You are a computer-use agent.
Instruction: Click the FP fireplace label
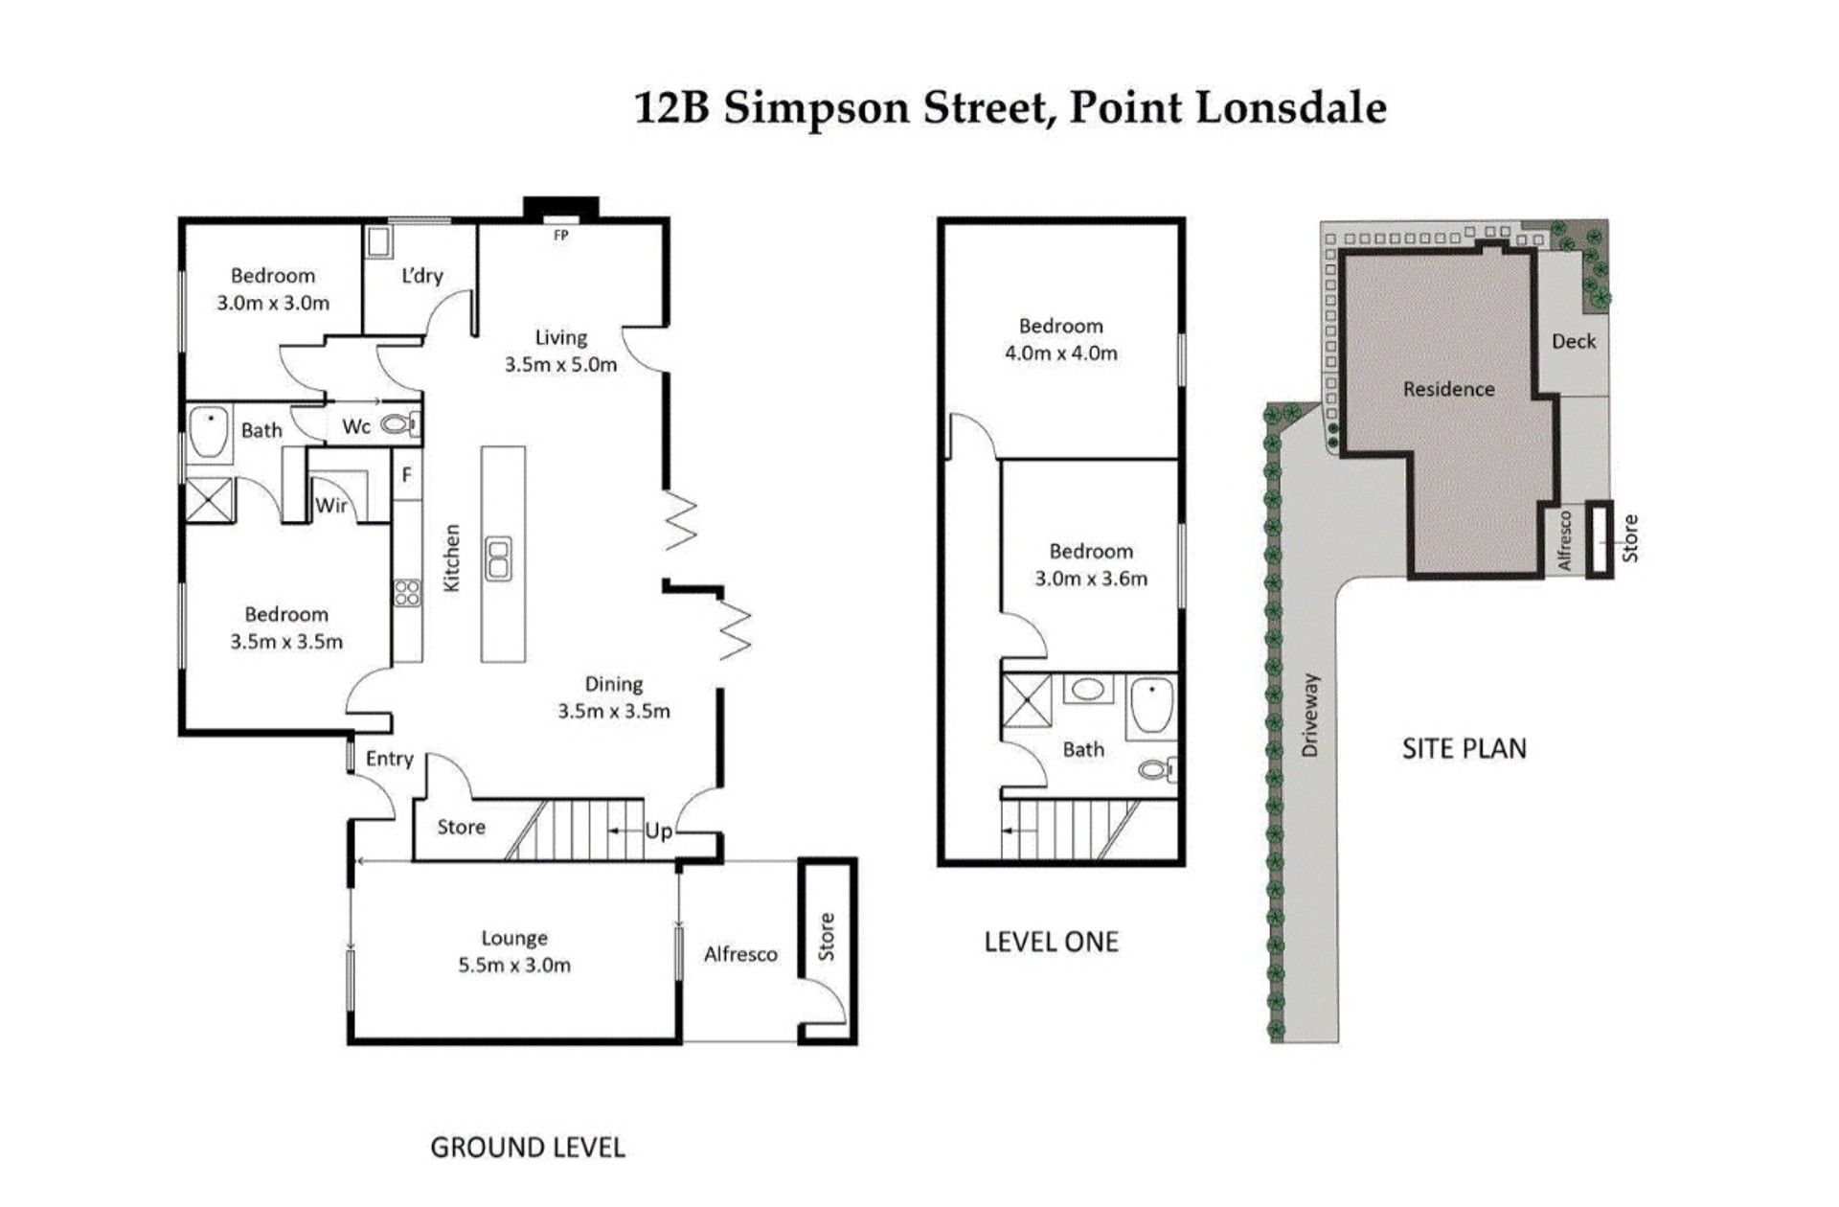tap(561, 235)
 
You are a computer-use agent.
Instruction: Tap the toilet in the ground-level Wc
tap(400, 422)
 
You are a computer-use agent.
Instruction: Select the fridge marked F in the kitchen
tap(407, 474)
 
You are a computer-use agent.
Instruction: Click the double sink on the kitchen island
tap(499, 558)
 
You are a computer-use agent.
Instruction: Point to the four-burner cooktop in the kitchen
tap(407, 593)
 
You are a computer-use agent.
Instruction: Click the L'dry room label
tap(422, 276)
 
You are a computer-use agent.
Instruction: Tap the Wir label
tap(331, 505)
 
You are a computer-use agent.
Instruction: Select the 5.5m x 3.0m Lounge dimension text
tap(514, 966)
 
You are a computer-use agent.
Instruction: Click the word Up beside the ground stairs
tap(658, 831)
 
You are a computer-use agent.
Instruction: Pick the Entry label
tap(390, 759)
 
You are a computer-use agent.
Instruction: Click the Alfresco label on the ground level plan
tap(740, 954)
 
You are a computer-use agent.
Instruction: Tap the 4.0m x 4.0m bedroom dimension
tap(1061, 353)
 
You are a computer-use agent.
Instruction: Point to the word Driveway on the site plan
tap(1310, 716)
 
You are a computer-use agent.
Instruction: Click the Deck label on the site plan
tap(1574, 341)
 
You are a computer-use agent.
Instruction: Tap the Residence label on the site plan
tap(1448, 389)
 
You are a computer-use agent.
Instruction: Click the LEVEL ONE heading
tap(1052, 942)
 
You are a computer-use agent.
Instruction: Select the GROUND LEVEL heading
tap(528, 1147)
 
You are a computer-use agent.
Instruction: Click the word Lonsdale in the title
tap(1291, 107)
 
